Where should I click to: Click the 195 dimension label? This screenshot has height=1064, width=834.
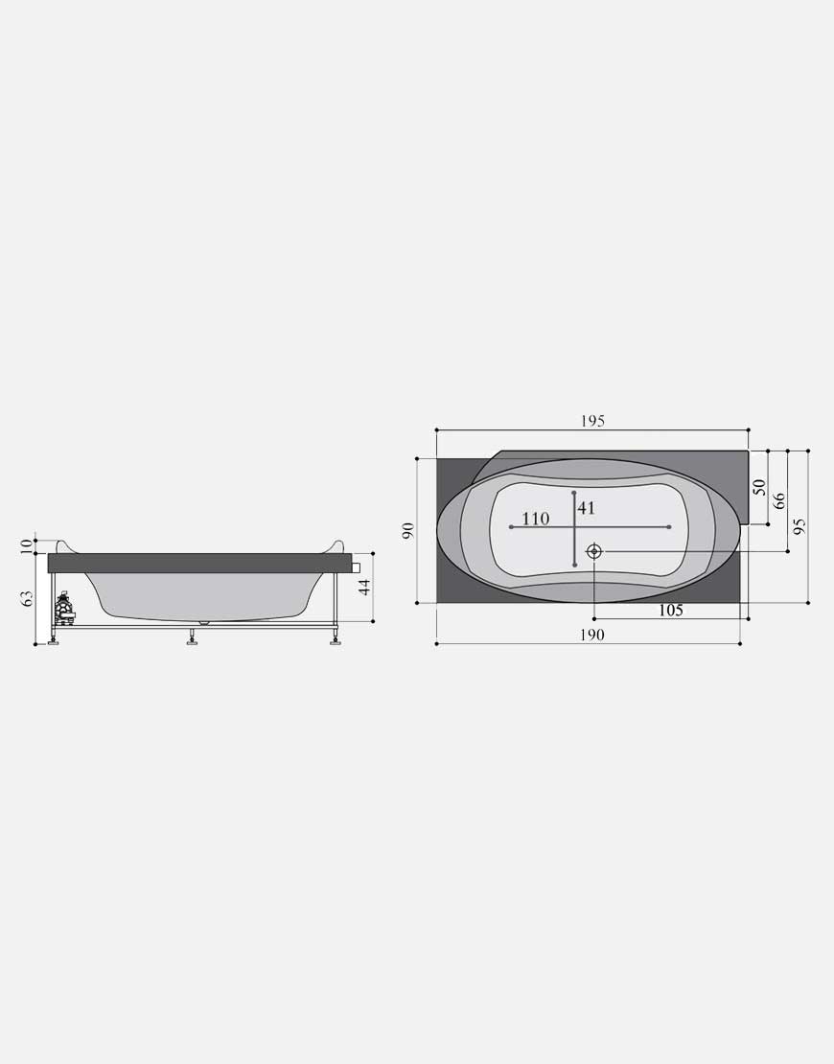point(592,421)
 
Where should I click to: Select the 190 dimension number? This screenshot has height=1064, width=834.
point(591,635)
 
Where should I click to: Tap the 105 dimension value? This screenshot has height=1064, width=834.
point(670,610)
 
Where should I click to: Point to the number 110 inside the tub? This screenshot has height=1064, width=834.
point(536,520)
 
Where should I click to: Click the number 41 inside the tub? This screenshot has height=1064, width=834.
point(587,508)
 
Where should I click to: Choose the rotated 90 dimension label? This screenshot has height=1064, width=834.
point(407,530)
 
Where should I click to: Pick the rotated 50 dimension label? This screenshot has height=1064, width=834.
point(759,487)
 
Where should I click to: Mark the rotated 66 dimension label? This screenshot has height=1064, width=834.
point(779,500)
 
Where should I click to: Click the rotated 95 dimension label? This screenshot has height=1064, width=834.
point(799,526)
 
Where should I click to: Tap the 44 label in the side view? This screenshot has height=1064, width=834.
point(364,587)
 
